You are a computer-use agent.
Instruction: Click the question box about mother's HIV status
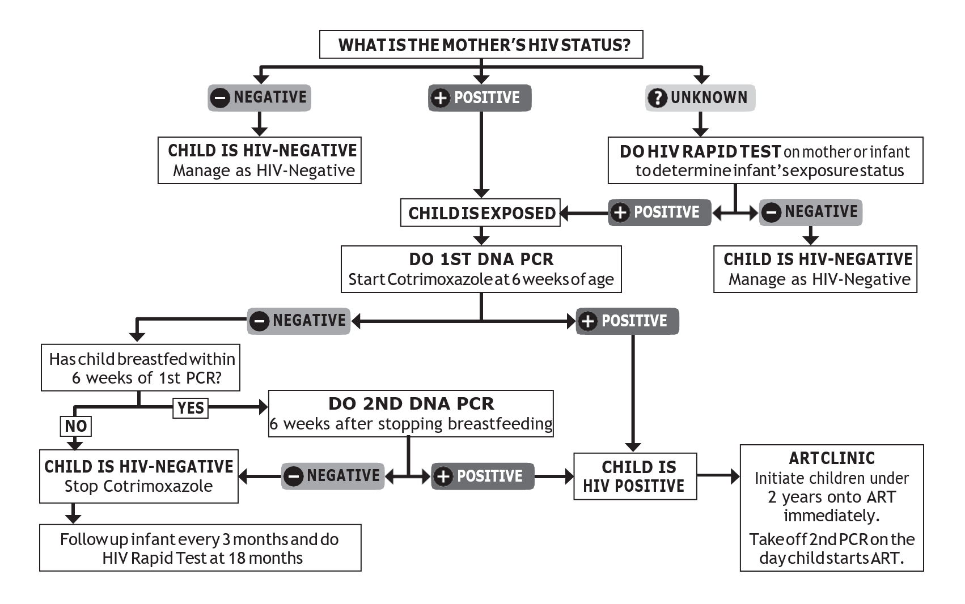pyautogui.click(x=481, y=45)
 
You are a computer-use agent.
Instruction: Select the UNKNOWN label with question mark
pyautogui.click(x=700, y=97)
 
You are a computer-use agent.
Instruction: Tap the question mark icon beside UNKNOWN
pyautogui.click(x=657, y=97)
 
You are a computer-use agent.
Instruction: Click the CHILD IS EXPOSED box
pyautogui.click(x=480, y=212)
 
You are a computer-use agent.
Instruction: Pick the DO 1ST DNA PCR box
pyautogui.click(x=481, y=269)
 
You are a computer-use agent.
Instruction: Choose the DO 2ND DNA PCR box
pyautogui.click(x=410, y=413)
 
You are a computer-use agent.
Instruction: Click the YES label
pyautogui.click(x=191, y=408)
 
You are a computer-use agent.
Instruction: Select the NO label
pyautogui.click(x=76, y=426)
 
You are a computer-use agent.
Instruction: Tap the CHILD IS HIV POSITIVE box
pyautogui.click(x=635, y=476)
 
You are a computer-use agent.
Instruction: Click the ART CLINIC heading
pyautogui.click(x=832, y=458)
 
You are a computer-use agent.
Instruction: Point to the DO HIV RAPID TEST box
pyautogui.click(x=765, y=160)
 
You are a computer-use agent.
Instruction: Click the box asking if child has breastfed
pyautogui.click(x=141, y=368)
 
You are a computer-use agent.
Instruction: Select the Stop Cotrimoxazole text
pyautogui.click(x=138, y=486)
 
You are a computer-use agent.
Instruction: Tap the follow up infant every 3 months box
pyautogui.click(x=200, y=547)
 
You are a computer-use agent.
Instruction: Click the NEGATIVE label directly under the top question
pyautogui.click(x=259, y=97)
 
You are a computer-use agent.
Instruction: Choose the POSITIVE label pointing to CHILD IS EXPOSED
pyautogui.click(x=659, y=212)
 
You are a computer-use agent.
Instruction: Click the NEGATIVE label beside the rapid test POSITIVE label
pyautogui.click(x=810, y=212)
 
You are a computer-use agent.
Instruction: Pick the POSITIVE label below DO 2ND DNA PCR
pyautogui.click(x=483, y=476)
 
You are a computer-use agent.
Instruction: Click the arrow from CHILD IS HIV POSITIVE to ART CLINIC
pyautogui.click(x=718, y=476)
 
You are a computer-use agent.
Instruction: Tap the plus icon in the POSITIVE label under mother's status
pyautogui.click(x=441, y=98)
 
